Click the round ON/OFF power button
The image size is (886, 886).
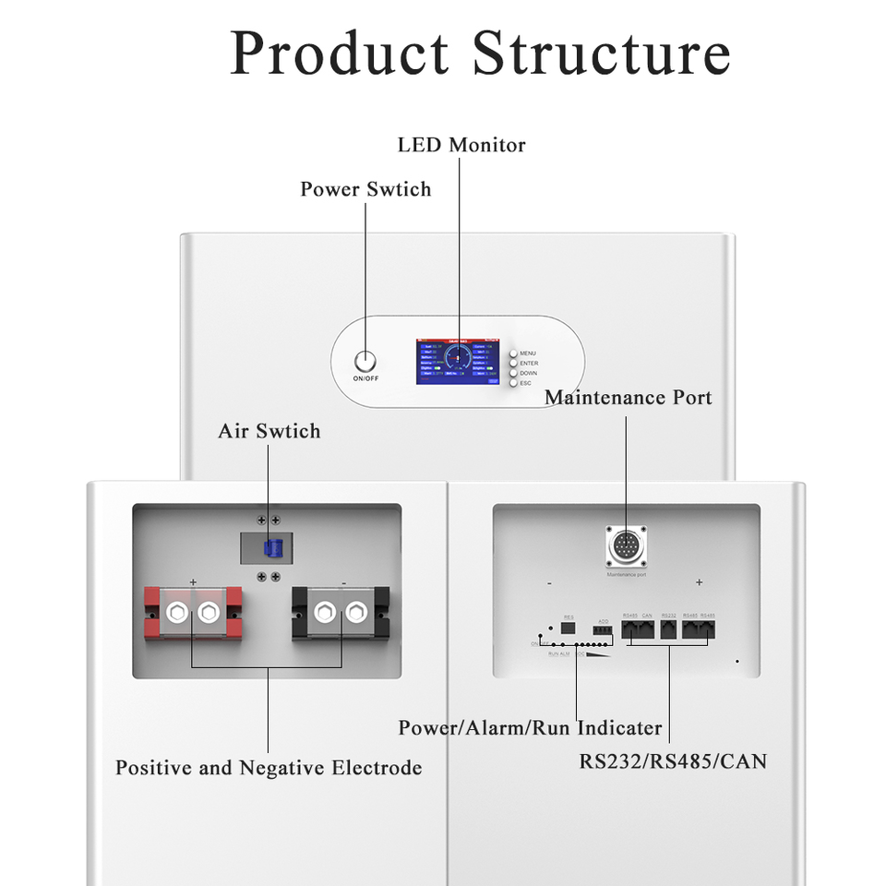click(x=365, y=361)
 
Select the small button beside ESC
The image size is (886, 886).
click(x=513, y=383)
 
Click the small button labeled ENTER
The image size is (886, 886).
click(x=513, y=363)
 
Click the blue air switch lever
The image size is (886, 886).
click(x=269, y=548)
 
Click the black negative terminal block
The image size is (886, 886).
click(x=341, y=612)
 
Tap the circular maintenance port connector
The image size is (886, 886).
click(x=626, y=546)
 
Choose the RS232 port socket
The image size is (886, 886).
click(x=670, y=630)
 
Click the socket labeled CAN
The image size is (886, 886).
click(x=647, y=630)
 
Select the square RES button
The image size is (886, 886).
click(x=569, y=629)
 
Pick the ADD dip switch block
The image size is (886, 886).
click(x=603, y=629)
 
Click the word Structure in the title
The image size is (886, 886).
click(x=601, y=53)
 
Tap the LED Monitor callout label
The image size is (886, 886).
click(x=461, y=145)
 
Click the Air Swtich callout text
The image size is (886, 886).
click(x=269, y=431)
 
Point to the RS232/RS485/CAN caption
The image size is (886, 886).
click(x=673, y=761)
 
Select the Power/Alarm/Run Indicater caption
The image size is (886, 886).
click(x=530, y=727)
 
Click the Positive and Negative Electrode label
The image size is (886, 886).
click(x=269, y=768)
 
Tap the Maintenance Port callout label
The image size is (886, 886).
click(x=628, y=398)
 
